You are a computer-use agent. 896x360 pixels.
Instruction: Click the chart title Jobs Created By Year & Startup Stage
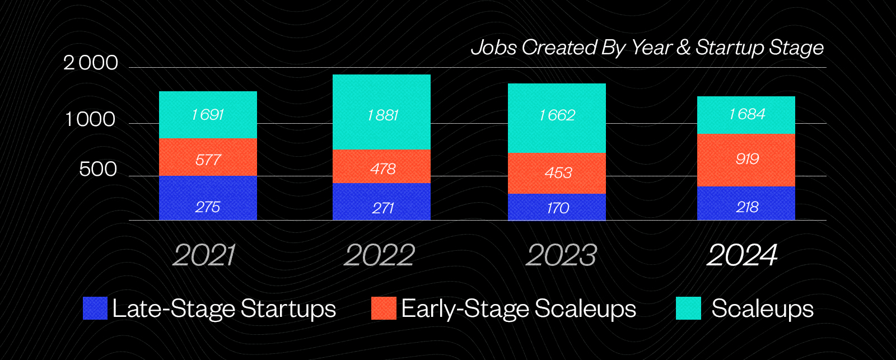[647, 48]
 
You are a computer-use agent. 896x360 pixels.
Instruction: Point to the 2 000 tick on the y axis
[91, 63]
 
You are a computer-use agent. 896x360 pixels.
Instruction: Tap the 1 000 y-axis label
[90, 119]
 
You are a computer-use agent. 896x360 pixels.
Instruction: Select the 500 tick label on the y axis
[98, 169]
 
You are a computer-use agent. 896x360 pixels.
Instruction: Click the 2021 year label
[204, 255]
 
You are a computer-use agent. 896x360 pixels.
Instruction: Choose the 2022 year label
[380, 255]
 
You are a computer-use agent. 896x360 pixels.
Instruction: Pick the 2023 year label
[561, 255]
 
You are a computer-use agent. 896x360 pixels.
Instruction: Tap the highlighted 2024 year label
[743, 255]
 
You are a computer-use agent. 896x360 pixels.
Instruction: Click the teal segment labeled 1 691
[208, 115]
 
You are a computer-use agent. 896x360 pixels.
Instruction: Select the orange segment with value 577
[208, 157]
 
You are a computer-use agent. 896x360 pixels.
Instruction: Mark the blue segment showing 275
[208, 198]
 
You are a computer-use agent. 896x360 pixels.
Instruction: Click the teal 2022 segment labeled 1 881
[381, 112]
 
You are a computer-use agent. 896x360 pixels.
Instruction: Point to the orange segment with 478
[381, 166]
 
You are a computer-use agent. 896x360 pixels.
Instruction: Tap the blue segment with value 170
[557, 207]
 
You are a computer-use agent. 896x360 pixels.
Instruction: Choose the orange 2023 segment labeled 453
[557, 173]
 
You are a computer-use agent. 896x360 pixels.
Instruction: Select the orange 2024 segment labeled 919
[746, 160]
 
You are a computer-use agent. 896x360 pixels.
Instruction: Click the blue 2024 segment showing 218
[746, 203]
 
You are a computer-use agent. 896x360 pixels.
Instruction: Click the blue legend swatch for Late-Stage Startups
[95, 308]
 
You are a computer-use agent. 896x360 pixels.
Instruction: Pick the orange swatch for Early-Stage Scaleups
[384, 308]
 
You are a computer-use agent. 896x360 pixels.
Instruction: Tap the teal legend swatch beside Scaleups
[688, 308]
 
